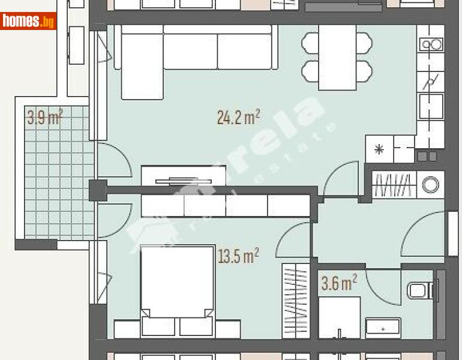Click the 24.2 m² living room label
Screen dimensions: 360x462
(238, 117)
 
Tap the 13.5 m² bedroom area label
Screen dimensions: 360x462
(238, 257)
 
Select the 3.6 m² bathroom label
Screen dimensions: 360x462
(339, 283)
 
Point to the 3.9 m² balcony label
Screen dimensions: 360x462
(45, 117)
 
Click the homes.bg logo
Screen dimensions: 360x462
(28, 22)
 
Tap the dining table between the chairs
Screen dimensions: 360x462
(337, 57)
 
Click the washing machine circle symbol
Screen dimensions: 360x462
(430, 185)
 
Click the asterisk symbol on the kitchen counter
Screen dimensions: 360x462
(379, 149)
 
